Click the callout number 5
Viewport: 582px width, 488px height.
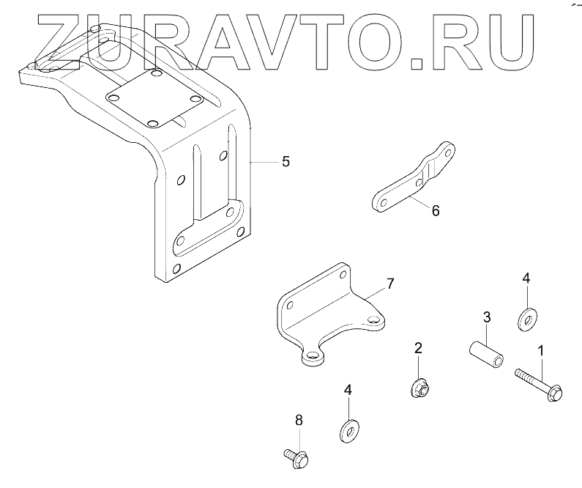[286, 161]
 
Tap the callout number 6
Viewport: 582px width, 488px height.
[435, 211]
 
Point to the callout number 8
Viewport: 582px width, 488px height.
[299, 420]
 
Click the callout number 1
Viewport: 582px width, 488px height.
[542, 350]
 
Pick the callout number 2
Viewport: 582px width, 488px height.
[418, 348]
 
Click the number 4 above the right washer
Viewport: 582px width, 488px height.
[525, 279]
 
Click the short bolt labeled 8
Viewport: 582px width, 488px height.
[295, 458]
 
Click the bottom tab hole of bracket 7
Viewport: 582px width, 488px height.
[314, 355]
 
